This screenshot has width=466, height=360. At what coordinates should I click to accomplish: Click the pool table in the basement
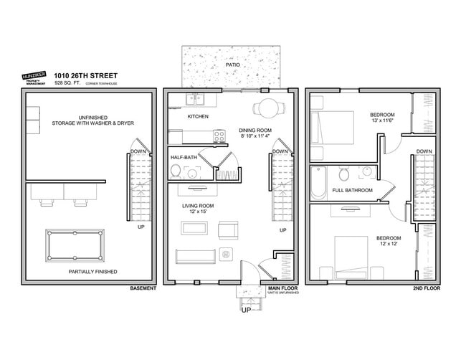click(x=74, y=245)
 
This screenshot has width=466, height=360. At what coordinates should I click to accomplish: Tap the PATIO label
click(x=233, y=65)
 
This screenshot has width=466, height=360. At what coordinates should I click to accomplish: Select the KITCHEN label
click(x=198, y=116)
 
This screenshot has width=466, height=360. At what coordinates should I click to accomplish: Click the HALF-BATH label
click(x=184, y=157)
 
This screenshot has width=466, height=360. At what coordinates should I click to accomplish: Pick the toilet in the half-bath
click(x=175, y=171)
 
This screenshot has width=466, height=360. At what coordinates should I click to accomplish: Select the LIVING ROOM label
click(x=197, y=206)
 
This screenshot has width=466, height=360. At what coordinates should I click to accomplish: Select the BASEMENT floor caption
click(x=143, y=289)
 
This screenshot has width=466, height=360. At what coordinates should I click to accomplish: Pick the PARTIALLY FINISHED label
click(x=92, y=272)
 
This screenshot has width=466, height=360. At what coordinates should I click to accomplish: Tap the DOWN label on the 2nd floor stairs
click(x=424, y=151)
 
